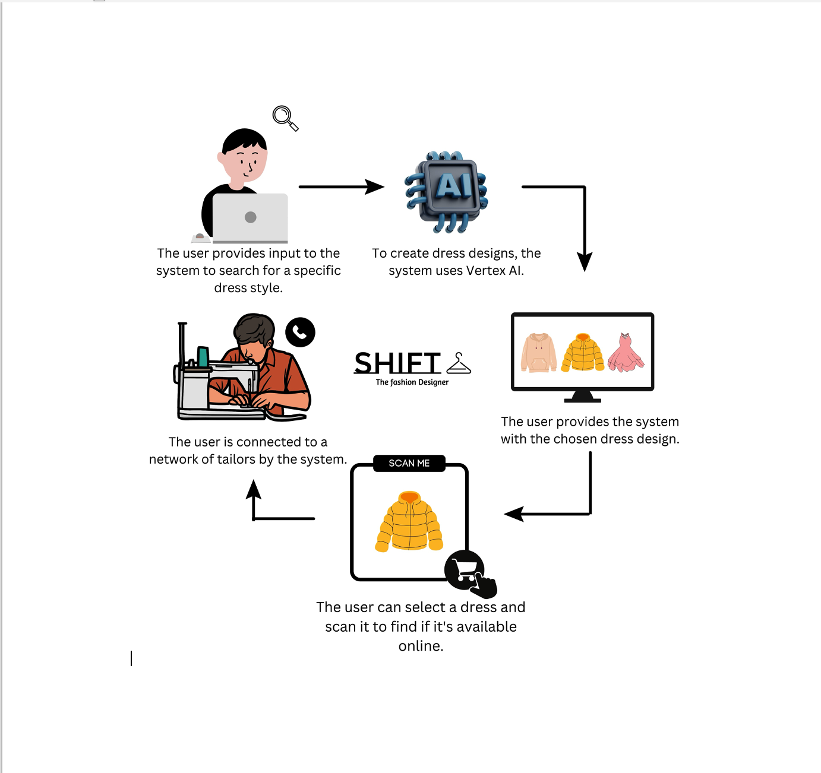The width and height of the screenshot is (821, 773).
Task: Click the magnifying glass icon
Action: coord(285,118)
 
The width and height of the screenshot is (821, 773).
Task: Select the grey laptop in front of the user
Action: coord(250,217)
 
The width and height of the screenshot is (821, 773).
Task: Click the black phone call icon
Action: coord(300,332)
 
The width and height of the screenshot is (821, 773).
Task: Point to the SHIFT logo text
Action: coord(397,363)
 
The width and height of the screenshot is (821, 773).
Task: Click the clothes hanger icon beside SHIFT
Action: coord(459,363)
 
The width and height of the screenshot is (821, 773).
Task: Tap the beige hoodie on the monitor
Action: coord(538,353)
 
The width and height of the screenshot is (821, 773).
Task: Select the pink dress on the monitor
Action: coord(626,353)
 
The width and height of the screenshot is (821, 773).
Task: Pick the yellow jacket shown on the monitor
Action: coord(583,353)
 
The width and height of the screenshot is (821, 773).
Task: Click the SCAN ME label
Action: coord(409,463)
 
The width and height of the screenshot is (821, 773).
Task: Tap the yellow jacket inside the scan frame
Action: coord(409,521)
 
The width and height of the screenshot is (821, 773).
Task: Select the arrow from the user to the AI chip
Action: coord(341,187)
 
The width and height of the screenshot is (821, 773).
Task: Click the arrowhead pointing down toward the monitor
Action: coord(585,261)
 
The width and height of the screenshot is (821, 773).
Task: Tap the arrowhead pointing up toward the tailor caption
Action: coord(254,490)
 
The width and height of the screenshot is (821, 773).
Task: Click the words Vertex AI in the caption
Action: coord(494,271)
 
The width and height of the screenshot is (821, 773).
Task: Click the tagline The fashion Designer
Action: coord(412,382)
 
